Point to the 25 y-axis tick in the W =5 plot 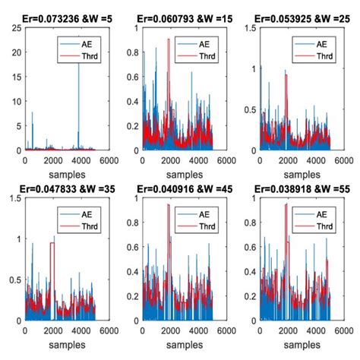17,27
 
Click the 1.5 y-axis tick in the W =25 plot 248,27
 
